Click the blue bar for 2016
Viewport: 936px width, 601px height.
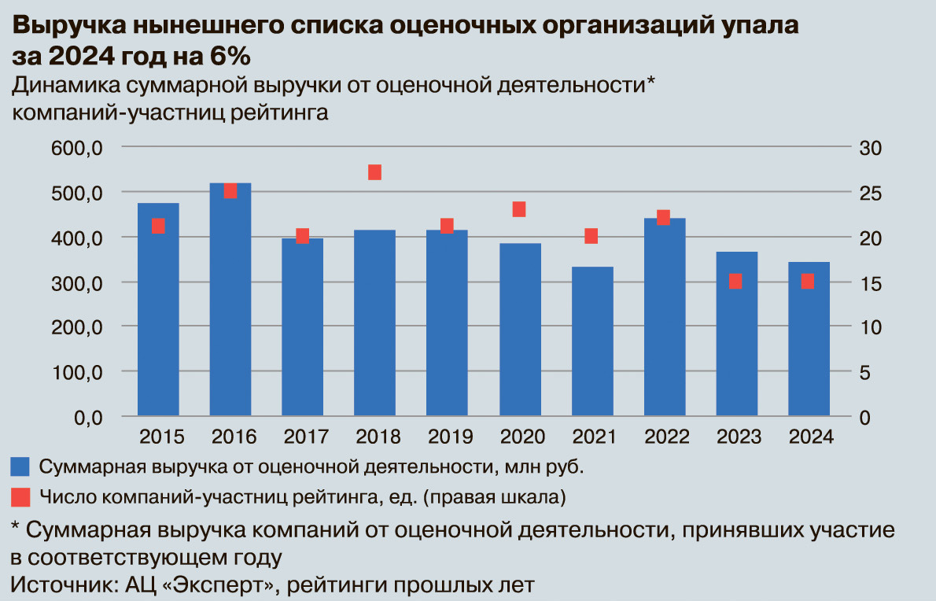pyautogui.click(x=230, y=299)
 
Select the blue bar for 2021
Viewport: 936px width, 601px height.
pyautogui.click(x=591, y=341)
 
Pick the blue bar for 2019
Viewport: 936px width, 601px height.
pyautogui.click(x=447, y=323)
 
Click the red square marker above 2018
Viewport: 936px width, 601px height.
pyautogui.click(x=374, y=172)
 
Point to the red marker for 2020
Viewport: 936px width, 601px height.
pyautogui.click(x=519, y=209)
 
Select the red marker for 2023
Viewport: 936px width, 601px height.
pyautogui.click(x=735, y=281)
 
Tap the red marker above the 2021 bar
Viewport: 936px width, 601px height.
pyautogui.click(x=591, y=236)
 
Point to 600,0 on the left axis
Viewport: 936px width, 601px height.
pyautogui.click(x=76, y=148)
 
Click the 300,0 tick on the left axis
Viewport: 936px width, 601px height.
pyautogui.click(x=76, y=282)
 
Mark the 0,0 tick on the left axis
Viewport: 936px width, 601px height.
pyautogui.click(x=86, y=417)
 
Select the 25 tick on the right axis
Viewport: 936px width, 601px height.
pyautogui.click(x=871, y=193)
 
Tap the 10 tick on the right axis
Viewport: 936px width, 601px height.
pyautogui.click(x=871, y=327)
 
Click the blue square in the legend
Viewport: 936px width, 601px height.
pyautogui.click(x=20, y=466)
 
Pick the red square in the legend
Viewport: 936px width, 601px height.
pyautogui.click(x=20, y=497)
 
